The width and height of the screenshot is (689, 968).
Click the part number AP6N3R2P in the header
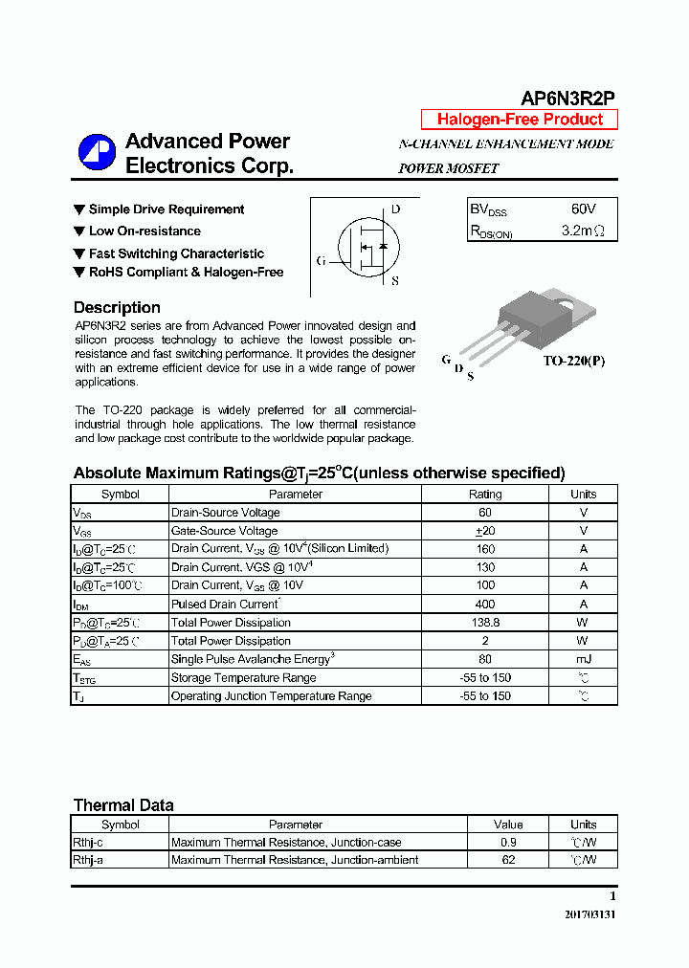[567, 99]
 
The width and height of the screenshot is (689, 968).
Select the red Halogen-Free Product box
[520, 120]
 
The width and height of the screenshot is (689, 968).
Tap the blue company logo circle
[97, 153]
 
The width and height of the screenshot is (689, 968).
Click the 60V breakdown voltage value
[583, 209]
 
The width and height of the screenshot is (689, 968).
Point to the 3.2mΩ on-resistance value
[583, 231]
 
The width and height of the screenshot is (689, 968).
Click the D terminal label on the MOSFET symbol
[395, 209]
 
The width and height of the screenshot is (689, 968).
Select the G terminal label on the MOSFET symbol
[321, 260]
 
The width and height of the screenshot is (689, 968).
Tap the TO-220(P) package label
[573, 362]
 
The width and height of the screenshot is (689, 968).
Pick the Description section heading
[117, 307]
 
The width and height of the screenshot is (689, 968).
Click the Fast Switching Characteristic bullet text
[176, 253]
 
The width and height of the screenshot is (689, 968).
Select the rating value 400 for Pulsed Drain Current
[484, 605]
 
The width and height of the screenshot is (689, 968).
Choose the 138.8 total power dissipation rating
[484, 623]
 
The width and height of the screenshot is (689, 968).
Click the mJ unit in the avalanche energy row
[583, 659]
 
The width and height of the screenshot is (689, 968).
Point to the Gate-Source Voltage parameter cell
[225, 531]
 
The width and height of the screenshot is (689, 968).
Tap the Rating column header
[484, 495]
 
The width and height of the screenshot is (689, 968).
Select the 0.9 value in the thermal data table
[508, 843]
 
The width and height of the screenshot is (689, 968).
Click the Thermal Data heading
[123, 805]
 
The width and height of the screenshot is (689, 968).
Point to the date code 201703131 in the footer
[590, 914]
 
